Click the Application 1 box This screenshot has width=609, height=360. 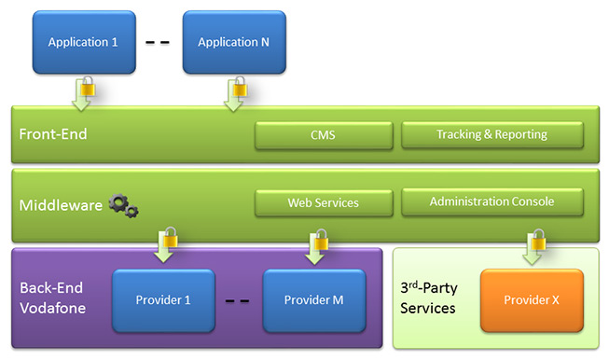82,43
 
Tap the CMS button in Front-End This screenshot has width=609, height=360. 323,134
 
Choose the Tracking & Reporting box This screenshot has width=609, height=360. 491,134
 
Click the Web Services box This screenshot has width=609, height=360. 323,201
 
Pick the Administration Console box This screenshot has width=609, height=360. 491,201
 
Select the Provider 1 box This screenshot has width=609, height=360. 163,300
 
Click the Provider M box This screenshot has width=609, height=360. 312,300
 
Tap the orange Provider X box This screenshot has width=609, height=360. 532,300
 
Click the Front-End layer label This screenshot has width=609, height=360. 53,134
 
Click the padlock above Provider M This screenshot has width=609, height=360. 320,243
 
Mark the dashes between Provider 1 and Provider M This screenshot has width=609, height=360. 238,301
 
